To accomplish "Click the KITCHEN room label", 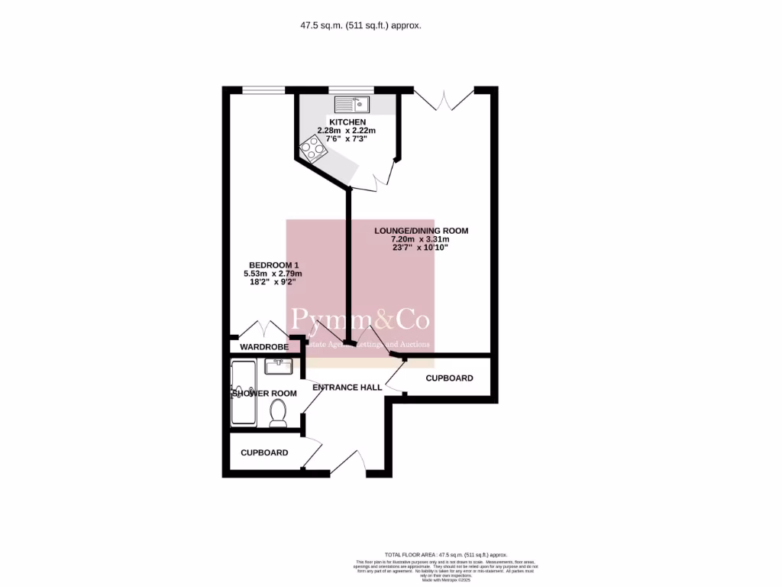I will coord(347,122).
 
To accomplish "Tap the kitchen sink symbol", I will coord(351,104).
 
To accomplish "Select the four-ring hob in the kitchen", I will coord(312,148).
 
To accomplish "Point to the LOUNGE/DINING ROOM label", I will coord(421,230).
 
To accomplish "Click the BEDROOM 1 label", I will coord(272,265).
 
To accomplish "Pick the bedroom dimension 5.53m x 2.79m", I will coord(272,274).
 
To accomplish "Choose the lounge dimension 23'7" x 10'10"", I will coord(421,248).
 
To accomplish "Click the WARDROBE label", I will coord(264,347).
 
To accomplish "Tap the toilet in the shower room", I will coord(278,413).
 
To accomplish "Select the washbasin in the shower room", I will coord(279,366).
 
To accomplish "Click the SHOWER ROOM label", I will coord(264,394).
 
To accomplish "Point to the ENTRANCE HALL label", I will coord(347,388).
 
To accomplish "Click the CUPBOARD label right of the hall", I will coord(449,378).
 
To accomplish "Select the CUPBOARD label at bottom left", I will coord(264,452).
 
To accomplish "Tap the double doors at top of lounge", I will coord(444,99).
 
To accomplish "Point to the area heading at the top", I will coord(360,25).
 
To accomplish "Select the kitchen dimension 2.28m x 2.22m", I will coord(347,131).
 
